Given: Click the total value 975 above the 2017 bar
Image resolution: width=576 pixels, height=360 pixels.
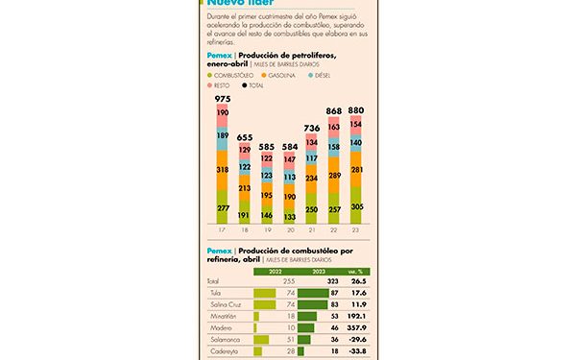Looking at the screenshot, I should pyautogui.click(x=222, y=100).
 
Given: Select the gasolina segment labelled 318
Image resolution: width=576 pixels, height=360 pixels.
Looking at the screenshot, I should pyautogui.click(x=222, y=169).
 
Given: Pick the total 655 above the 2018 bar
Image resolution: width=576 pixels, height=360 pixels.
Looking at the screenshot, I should pyautogui.click(x=244, y=137).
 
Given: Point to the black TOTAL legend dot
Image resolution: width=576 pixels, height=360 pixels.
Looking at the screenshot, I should pyautogui.click(x=243, y=86).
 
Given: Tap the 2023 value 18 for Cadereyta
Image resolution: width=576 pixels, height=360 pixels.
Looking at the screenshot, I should pyautogui.click(x=333, y=352).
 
